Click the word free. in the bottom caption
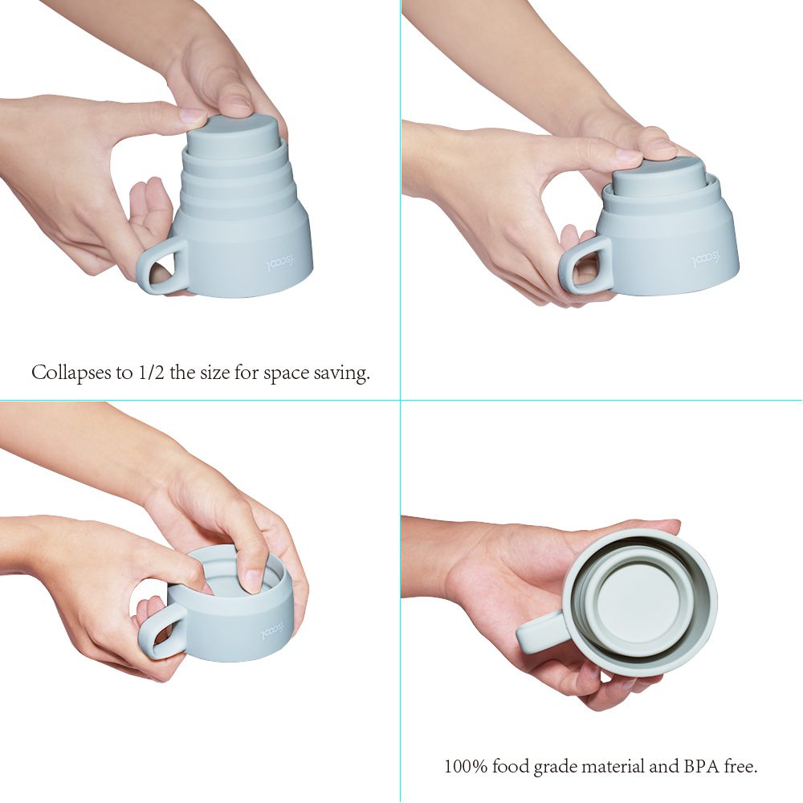[x=741, y=766]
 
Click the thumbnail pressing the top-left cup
[x=193, y=115]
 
